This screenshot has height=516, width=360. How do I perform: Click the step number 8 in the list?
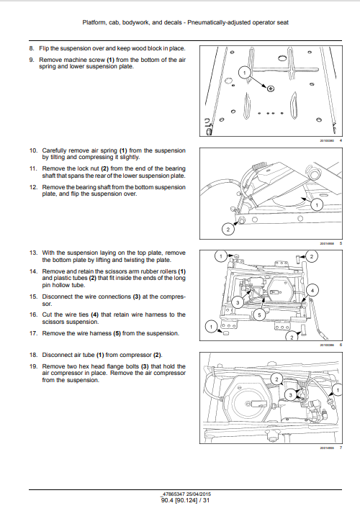click(31, 48)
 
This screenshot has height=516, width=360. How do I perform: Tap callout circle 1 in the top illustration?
click(244, 73)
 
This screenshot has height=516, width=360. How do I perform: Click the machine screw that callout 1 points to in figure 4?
click(271, 89)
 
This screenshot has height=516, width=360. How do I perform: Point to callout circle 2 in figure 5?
click(228, 230)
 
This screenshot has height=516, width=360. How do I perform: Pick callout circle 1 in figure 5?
click(317, 205)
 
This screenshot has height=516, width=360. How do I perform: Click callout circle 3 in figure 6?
click(238, 302)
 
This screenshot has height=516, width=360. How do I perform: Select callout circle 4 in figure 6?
click(312, 290)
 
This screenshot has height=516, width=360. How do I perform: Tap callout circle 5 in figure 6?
click(259, 315)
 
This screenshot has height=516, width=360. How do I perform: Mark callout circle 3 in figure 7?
click(290, 395)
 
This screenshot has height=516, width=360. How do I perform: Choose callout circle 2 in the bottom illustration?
click(276, 379)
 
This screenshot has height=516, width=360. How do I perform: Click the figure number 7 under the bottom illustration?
click(341, 448)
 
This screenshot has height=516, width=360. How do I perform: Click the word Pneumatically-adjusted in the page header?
click(219, 23)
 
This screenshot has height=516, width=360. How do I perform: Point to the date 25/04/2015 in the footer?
click(199, 494)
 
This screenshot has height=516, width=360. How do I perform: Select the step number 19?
click(33, 366)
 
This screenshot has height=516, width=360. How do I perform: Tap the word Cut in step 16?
click(47, 314)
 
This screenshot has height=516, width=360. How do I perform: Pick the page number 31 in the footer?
click(206, 500)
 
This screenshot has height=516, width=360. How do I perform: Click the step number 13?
click(33, 253)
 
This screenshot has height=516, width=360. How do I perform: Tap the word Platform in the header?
click(94, 23)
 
